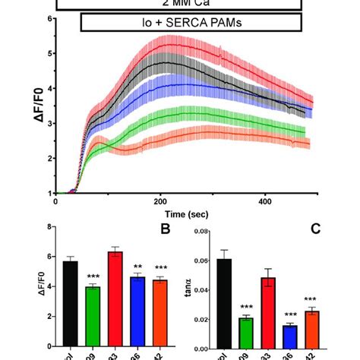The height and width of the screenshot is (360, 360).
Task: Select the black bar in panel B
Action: pyautogui.click(x=71, y=303)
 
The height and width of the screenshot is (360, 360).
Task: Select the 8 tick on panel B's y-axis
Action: pyautogui.click(x=49, y=226)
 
